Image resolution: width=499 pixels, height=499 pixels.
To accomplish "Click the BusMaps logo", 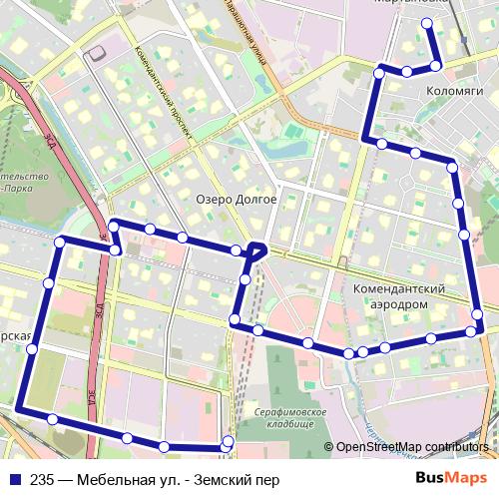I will click(459, 477).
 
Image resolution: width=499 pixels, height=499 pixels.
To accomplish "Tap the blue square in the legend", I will click(14, 478).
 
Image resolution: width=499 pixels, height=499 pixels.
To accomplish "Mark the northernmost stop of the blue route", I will click(427, 23).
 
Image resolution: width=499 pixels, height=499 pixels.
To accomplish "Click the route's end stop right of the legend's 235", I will click(228, 441).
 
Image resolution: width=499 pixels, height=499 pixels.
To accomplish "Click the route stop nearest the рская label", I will click(32, 349).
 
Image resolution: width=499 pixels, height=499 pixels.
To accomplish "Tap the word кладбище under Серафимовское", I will click(290, 425).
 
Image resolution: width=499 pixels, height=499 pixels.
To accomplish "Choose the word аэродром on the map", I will click(397, 303).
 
